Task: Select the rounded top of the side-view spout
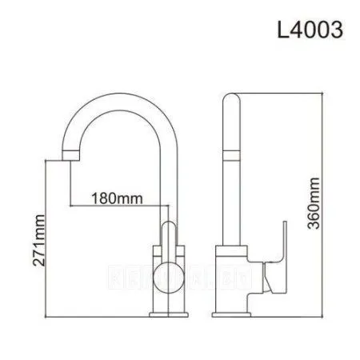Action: [x=231, y=100]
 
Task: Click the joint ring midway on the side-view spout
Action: [x=231, y=151]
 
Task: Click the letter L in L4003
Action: [x=281, y=30]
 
